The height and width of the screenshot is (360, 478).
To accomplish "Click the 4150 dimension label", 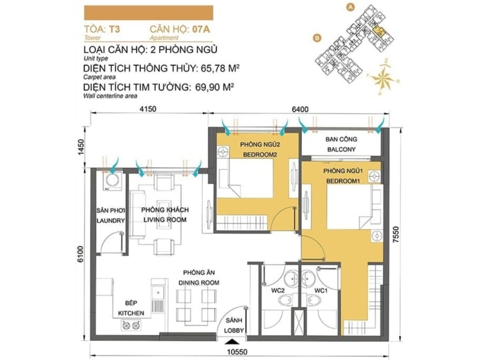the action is (148, 109).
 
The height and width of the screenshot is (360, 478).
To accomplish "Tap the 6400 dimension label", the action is (300, 109).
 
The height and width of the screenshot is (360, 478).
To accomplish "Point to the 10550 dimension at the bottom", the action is (237, 352).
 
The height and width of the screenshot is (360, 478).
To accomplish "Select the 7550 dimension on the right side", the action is (395, 234).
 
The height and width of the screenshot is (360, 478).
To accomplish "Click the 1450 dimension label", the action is (80, 147).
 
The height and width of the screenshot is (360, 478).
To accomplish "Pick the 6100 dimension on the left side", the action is (80, 254).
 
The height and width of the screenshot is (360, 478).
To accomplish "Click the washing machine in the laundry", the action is (112, 181).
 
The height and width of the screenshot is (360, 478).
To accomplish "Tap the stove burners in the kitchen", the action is (131, 325).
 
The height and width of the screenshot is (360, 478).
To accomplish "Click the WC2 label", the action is (278, 290).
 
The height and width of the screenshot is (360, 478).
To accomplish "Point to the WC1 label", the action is (321, 290).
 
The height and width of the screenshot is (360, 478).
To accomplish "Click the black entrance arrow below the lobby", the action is (232, 341).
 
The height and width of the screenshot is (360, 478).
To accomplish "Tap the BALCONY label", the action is (341, 149).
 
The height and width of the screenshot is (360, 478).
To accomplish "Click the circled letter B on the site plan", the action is (317, 38).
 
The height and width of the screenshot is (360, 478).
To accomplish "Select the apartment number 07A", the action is (201, 29).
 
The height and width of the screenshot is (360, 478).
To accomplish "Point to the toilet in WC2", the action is (286, 300).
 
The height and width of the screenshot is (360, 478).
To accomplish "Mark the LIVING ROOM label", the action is (165, 219).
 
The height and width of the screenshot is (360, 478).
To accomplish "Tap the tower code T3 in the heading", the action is (115, 29).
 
